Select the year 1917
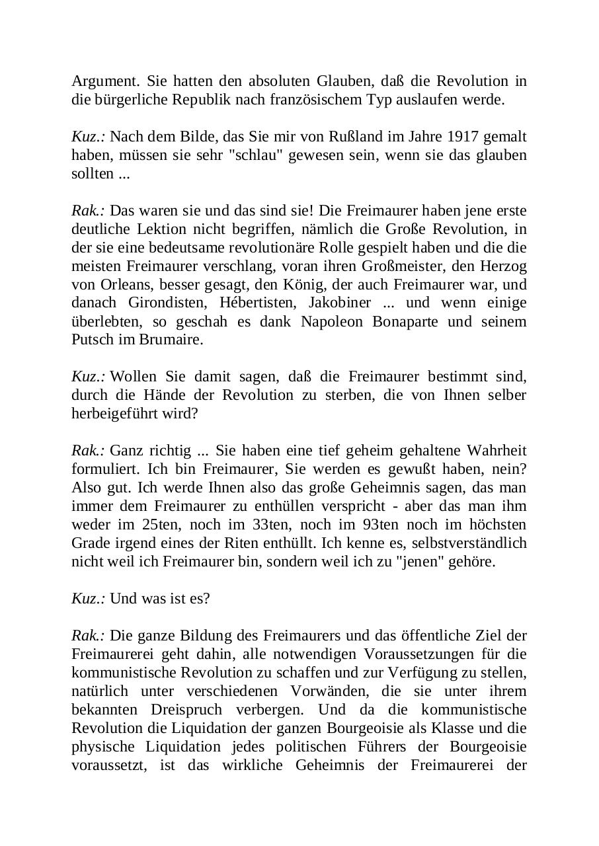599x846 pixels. pos(463,137)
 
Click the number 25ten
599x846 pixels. pos(159,525)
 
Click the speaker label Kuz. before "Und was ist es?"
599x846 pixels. pos(88,599)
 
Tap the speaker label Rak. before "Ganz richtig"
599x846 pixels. pos(88,451)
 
